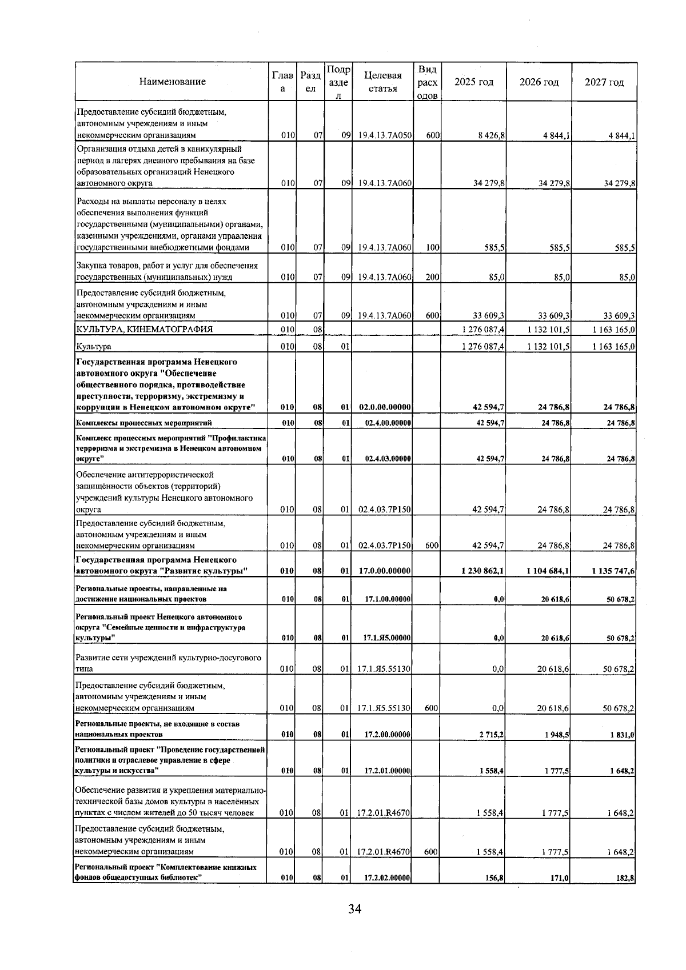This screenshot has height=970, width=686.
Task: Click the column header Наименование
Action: pos(172,82)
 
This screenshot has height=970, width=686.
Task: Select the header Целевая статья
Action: pos(382,82)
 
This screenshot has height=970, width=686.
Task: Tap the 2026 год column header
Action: pos(539,82)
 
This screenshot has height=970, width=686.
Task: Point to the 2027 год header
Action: pos(604,82)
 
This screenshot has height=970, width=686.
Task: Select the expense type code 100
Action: pos(432,248)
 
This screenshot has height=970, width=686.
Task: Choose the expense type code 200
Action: pos(432,278)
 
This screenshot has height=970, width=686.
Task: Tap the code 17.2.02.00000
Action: pos(387,894)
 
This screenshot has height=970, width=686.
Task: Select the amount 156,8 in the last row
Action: pos(493,894)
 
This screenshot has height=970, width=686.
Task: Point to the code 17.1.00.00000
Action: pos(387,599)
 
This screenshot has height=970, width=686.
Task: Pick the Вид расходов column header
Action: pos(427,82)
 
